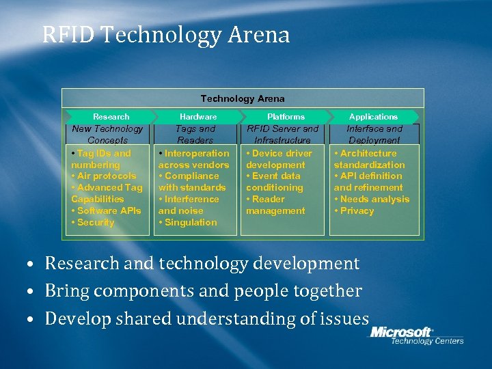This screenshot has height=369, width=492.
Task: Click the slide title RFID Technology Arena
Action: [x=166, y=35]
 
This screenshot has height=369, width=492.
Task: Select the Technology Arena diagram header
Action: [x=243, y=98]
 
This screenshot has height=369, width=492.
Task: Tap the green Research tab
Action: [x=111, y=117]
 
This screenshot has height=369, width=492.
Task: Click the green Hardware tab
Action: [x=198, y=117]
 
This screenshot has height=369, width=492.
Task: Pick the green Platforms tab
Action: [x=286, y=117]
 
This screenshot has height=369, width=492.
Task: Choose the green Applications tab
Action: [x=373, y=117]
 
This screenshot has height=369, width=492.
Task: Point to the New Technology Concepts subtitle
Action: [x=108, y=134]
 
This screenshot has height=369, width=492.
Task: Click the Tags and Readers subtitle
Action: [x=195, y=134]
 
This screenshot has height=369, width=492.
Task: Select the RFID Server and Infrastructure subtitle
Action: [x=283, y=134]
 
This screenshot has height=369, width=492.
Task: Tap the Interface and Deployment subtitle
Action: [x=374, y=134]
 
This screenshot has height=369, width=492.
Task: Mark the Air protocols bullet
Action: [x=107, y=176]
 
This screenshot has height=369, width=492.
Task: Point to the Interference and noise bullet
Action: [x=189, y=205]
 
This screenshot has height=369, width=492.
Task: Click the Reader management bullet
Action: [x=275, y=205]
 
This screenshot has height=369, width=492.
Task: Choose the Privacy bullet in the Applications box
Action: [x=357, y=210]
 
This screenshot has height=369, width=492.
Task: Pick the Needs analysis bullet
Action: [x=374, y=199]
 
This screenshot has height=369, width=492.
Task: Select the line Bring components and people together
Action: [x=203, y=291]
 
